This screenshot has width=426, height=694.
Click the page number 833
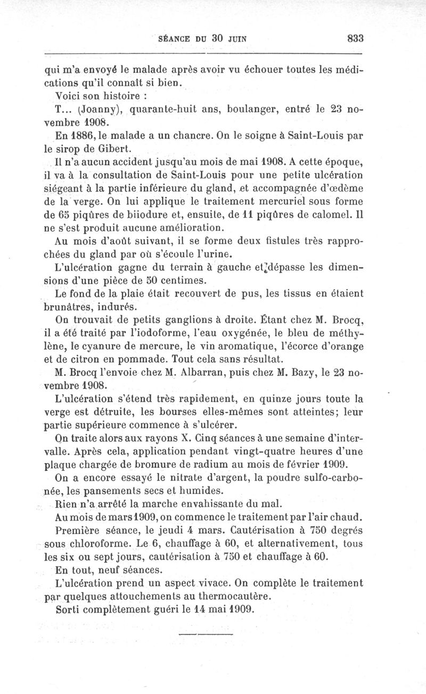click(354, 38)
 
